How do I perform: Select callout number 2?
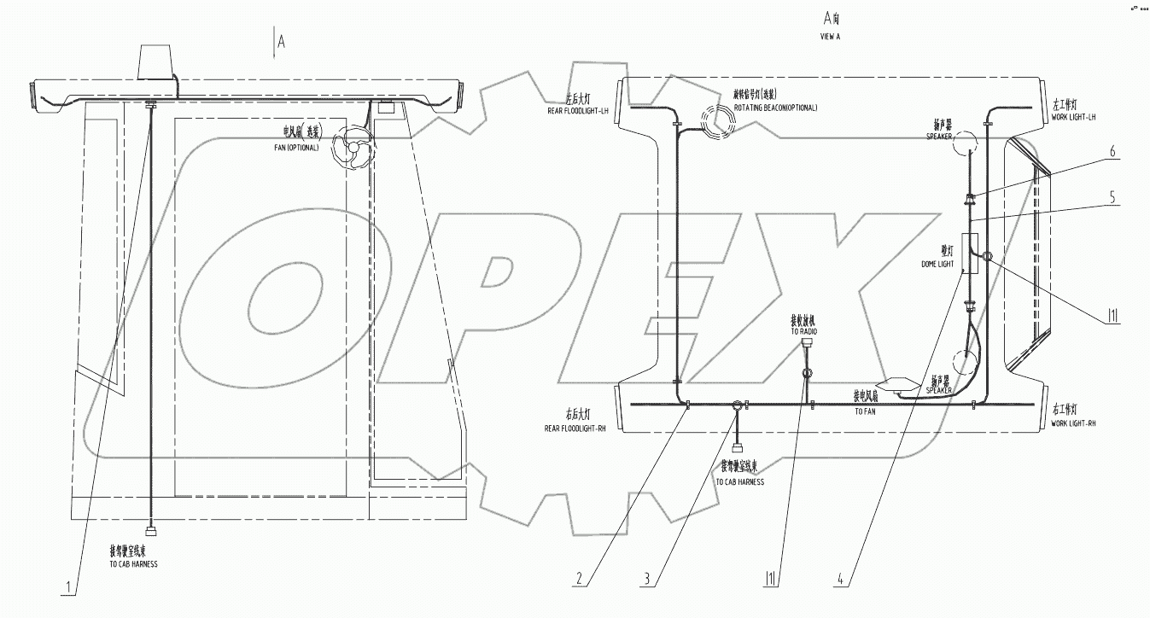[581, 578]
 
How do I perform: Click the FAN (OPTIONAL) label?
[291, 147]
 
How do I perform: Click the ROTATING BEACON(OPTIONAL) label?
[775, 108]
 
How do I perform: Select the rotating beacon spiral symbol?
[716, 121]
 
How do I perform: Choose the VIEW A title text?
[830, 38]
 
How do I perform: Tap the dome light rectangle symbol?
[968, 254]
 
